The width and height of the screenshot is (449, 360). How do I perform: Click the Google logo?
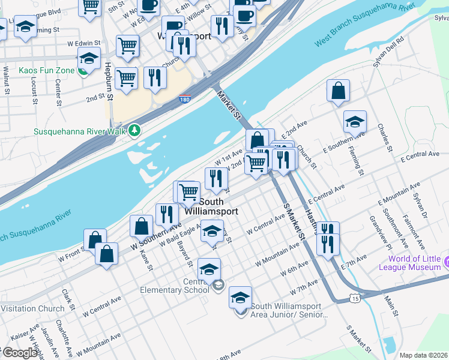pyautogui.click(x=19, y=353)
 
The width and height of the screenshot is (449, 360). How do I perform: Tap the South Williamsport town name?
pyautogui.click(x=211, y=207)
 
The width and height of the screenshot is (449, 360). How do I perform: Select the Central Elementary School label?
pyautogui.click(x=168, y=286)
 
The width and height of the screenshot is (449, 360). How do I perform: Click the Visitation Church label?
pyautogui.click(x=32, y=309)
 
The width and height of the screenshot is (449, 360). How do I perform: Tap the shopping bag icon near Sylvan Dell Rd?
pyautogui.click(x=339, y=91)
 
